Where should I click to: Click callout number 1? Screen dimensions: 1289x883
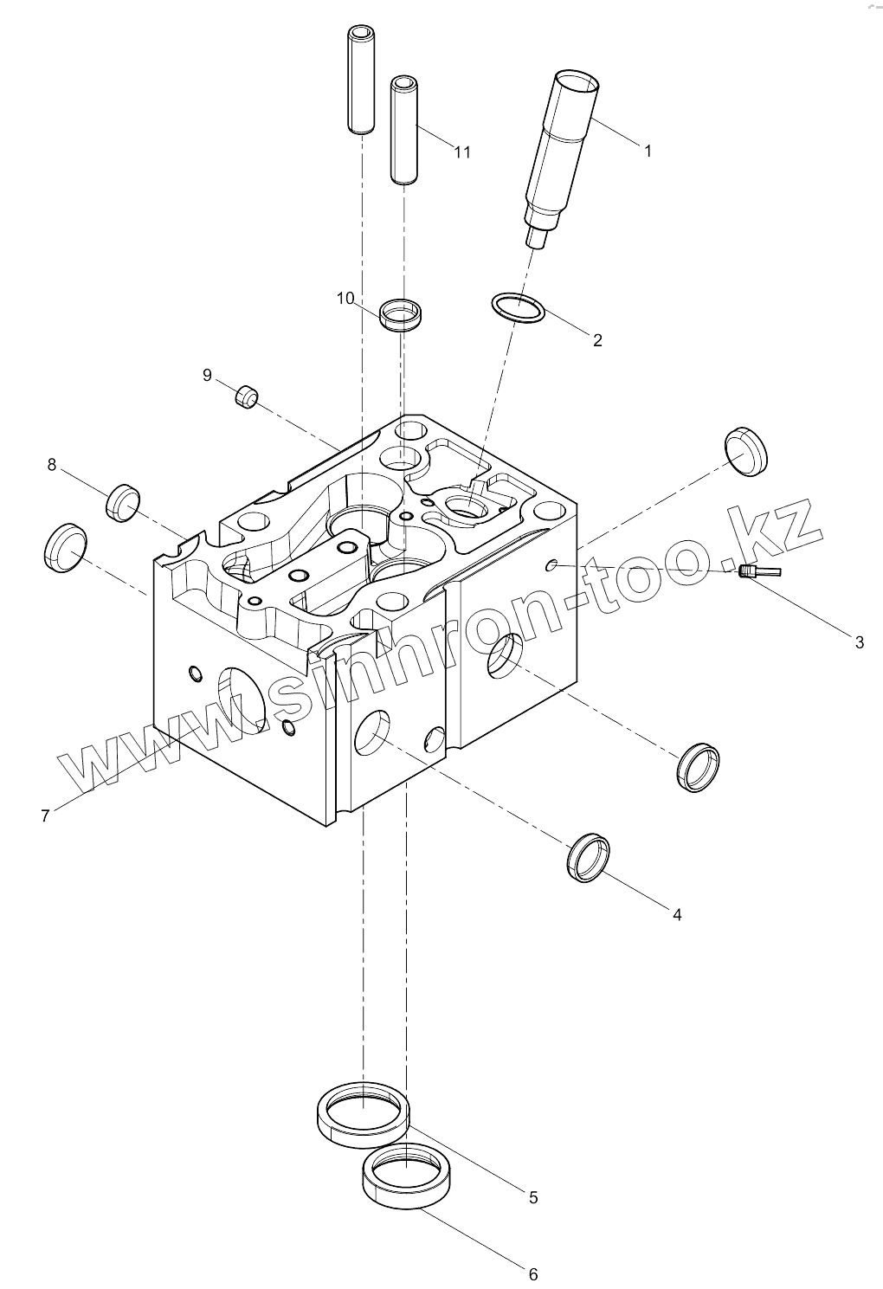click(x=647, y=151)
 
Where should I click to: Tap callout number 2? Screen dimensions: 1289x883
click(x=597, y=340)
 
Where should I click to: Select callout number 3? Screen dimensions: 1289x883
click(x=859, y=642)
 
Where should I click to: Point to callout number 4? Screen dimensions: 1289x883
click(x=677, y=914)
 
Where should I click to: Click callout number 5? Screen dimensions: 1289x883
click(x=533, y=1197)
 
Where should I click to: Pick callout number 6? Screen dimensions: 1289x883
click(x=533, y=1274)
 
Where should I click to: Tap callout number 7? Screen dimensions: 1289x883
click(x=45, y=815)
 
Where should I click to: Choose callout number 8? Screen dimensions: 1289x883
click(x=52, y=466)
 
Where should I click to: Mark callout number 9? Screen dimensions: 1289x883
click(x=207, y=375)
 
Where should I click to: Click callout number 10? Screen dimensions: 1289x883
click(x=345, y=299)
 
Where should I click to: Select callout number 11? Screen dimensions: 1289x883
click(x=462, y=152)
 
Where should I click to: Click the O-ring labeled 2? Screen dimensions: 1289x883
click(x=518, y=308)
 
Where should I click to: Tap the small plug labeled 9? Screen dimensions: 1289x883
click(x=248, y=398)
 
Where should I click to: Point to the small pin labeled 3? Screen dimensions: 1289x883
click(x=748, y=570)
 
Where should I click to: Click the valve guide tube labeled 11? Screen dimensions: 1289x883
click(x=404, y=130)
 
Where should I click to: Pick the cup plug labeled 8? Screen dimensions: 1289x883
click(x=123, y=502)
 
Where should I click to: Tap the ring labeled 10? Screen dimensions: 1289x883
click(x=403, y=313)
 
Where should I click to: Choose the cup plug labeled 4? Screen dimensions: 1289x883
click(x=589, y=858)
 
